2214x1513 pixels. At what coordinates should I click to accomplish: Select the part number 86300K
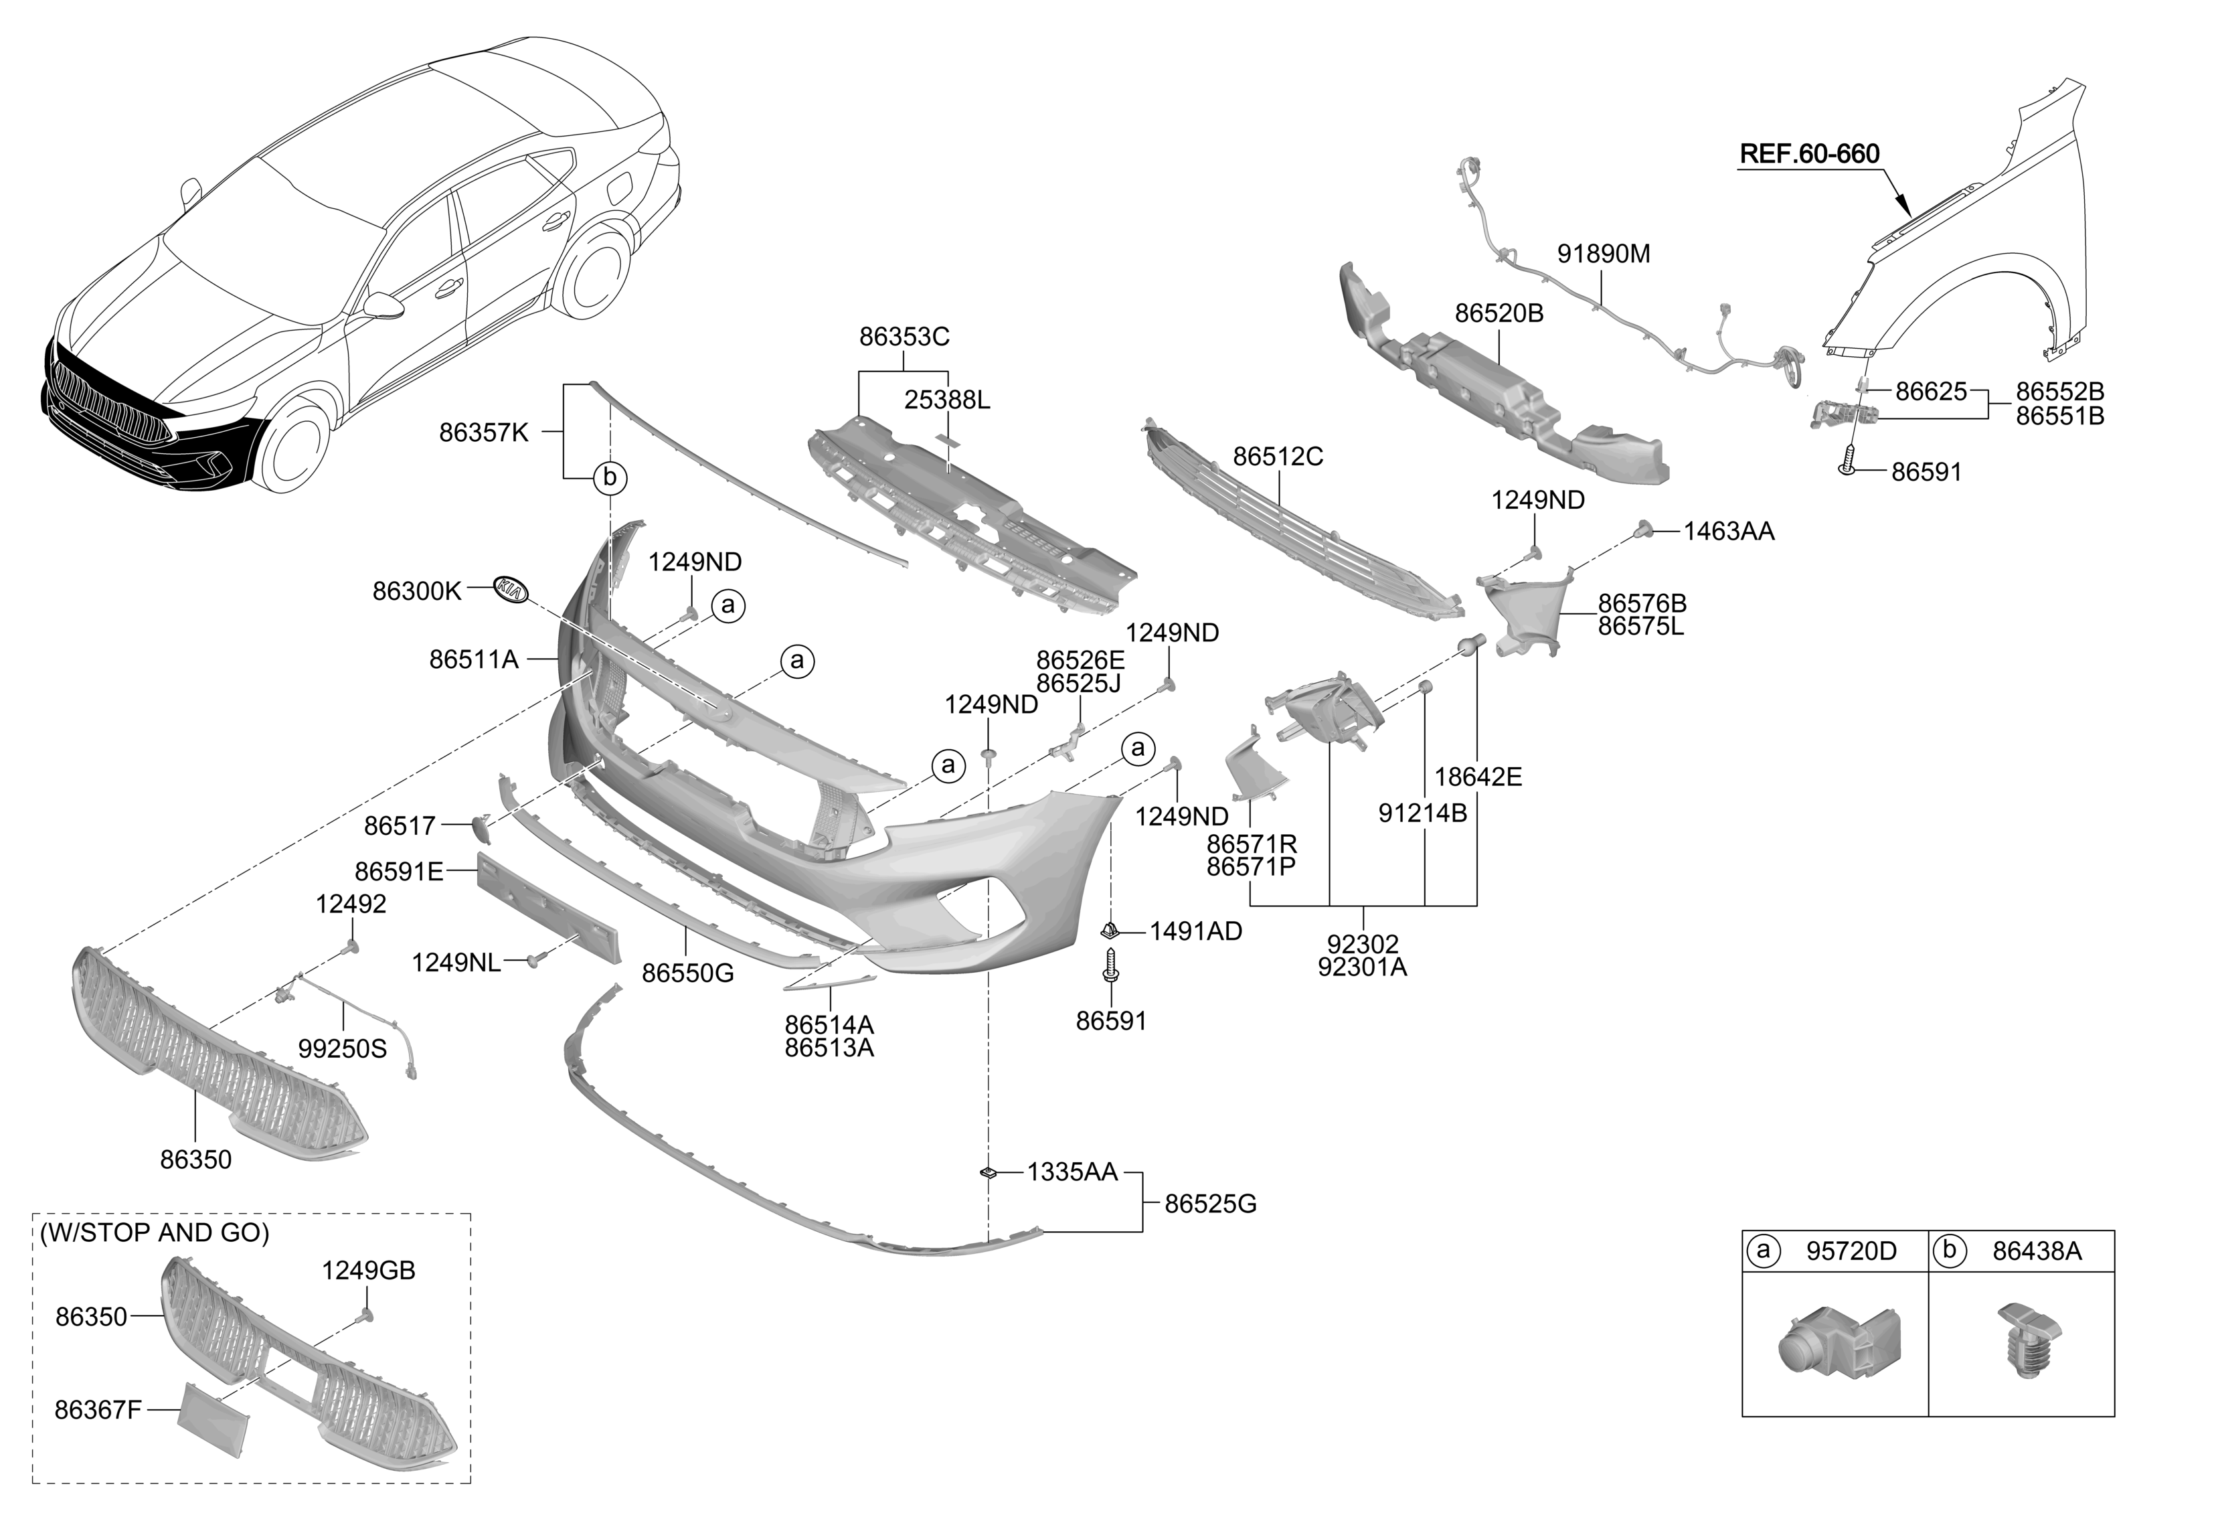click(416, 592)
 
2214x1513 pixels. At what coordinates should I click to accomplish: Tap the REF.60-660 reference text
click(1809, 155)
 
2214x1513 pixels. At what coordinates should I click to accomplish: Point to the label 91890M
click(1604, 254)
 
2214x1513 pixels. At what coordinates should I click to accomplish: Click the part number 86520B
click(1499, 313)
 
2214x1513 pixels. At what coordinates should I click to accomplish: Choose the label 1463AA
click(1728, 532)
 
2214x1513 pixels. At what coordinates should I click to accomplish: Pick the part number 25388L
click(947, 400)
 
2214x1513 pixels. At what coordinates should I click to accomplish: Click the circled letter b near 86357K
click(610, 477)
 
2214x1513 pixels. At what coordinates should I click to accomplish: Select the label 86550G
click(688, 973)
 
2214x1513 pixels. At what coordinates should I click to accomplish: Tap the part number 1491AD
click(1195, 932)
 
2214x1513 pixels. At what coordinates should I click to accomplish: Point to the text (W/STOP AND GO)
click(155, 1233)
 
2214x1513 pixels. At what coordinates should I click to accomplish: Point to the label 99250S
click(342, 1049)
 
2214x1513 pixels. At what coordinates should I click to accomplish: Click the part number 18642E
click(1478, 777)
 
